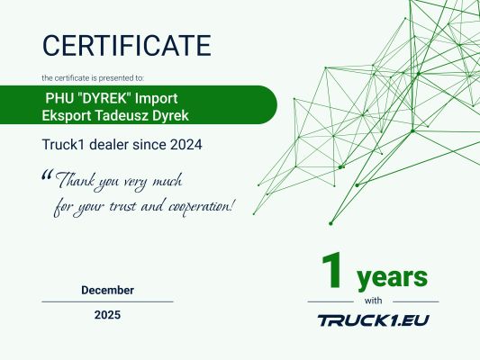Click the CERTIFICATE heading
126,44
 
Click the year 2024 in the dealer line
183,143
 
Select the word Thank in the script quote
76,180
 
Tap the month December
107,290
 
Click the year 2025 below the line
107,315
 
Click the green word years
391,274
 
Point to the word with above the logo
373,301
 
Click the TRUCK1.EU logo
373,319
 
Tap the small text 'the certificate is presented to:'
93,77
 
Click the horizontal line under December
107,301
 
